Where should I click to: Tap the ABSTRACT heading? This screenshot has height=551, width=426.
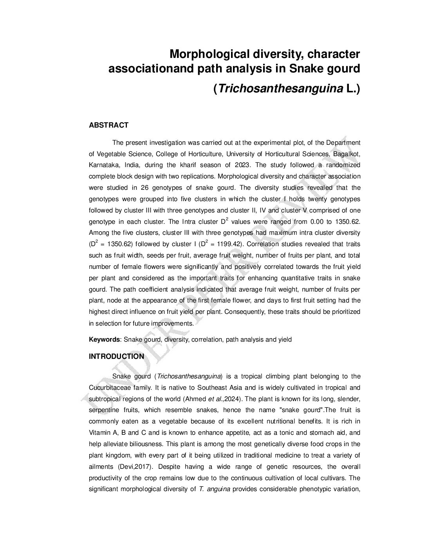pos(108,125)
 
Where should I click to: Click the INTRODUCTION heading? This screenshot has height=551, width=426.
pos(116,357)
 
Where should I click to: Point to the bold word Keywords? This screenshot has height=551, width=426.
pos(104,340)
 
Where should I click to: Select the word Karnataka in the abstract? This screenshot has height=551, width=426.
pos(101,165)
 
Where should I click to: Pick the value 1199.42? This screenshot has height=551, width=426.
pos(227,245)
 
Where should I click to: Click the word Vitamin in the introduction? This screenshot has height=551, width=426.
pos(100,433)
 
